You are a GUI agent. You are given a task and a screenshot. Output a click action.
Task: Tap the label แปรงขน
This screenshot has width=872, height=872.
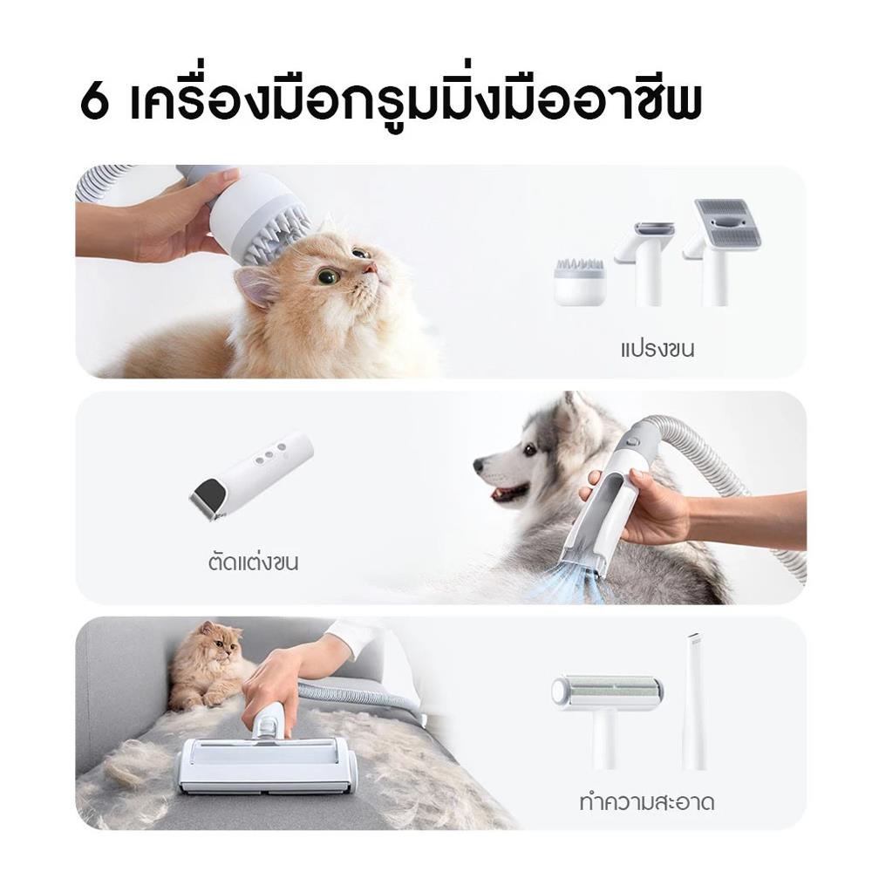click(x=657, y=351)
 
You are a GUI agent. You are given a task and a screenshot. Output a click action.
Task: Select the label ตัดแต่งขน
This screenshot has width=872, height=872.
click(x=253, y=562)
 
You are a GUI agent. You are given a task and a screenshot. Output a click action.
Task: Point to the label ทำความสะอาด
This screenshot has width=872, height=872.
click(x=646, y=802)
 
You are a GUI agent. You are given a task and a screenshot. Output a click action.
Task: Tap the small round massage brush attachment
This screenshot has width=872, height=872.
click(x=579, y=280)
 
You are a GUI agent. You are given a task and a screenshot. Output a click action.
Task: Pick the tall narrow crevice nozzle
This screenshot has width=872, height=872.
click(x=694, y=702)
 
